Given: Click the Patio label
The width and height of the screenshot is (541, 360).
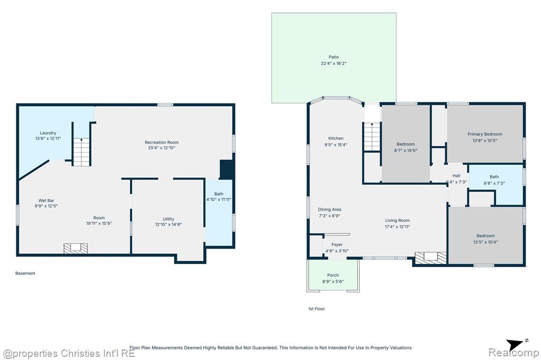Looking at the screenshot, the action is point(334,57).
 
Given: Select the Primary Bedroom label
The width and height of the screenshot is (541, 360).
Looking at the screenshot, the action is point(485,134).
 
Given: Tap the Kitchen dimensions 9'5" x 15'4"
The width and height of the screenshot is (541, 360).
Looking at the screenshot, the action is point(335,145).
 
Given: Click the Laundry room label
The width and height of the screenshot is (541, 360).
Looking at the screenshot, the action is point(48,133).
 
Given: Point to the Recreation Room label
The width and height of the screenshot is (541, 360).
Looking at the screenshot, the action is point(162,142).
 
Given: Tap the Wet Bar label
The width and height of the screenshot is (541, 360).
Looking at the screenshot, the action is point(46,201).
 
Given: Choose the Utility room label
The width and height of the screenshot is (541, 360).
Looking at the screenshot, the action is point(169,219).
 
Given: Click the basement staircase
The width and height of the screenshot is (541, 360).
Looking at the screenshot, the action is point(82,151).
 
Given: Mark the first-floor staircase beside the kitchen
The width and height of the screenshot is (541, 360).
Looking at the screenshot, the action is point(372,137).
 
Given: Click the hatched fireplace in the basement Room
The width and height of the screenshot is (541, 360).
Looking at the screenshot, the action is point(76,248).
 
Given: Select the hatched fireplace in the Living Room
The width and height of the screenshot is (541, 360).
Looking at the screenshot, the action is point(431,258).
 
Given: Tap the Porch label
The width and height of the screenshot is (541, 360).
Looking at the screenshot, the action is point(333,275).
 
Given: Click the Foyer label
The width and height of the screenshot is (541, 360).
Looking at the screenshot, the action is point(337,244).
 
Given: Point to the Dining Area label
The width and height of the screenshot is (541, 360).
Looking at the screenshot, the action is point(330,210).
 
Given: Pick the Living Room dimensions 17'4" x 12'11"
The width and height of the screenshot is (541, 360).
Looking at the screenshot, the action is point(397,226).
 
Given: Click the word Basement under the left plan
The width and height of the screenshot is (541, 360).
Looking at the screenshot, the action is point(25,273).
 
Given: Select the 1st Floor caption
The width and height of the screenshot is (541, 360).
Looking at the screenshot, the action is point(316,309).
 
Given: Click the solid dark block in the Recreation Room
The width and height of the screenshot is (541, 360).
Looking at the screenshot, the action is point(227,169).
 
